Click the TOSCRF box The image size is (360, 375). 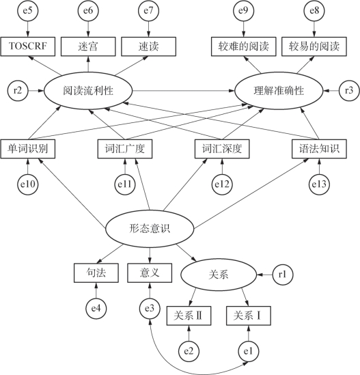point(28,46)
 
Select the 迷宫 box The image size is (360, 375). point(88,46)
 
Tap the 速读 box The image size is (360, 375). point(148,46)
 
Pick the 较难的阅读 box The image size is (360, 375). point(243,46)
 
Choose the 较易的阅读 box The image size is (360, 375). point(314,46)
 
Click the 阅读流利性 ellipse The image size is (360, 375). point(88,91)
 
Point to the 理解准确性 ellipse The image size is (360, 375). point(279,91)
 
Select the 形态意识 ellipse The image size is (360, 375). point(150,229)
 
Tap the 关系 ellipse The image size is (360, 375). point(219,275)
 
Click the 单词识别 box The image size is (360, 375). point(28,149)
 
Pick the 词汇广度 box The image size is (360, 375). point(125,149)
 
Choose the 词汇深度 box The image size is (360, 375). point(222,149)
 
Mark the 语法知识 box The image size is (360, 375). point(319,149)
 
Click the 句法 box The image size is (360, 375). point(96,273)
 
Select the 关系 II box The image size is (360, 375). point(189,316)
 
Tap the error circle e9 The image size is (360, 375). point(243,11)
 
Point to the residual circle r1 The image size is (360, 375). point(283,275)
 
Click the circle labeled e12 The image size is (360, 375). point(222,184)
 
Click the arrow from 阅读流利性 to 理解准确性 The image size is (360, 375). point(184,91)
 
